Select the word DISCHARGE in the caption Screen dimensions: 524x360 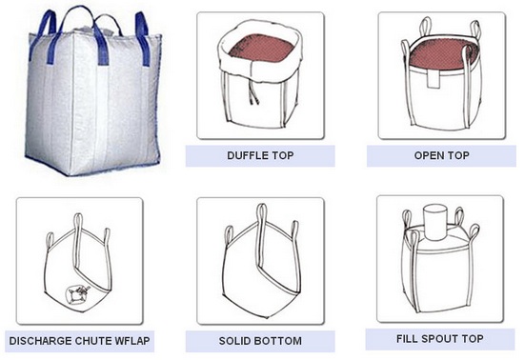pos(40,341)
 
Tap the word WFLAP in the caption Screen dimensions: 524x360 pos(132,341)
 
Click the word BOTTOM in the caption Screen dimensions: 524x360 pos(277,341)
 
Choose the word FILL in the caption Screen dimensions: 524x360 pos(408,339)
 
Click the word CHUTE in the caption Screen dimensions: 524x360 pos(93,341)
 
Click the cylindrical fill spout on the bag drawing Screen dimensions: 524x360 pos(434,222)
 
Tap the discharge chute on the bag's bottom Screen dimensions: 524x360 pos(77,295)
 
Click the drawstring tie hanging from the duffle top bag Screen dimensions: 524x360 pos(253,94)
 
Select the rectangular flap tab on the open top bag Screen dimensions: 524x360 pos(433,79)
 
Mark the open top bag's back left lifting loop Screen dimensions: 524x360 pos(426,27)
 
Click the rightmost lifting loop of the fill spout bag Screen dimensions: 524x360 pos(474,231)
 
